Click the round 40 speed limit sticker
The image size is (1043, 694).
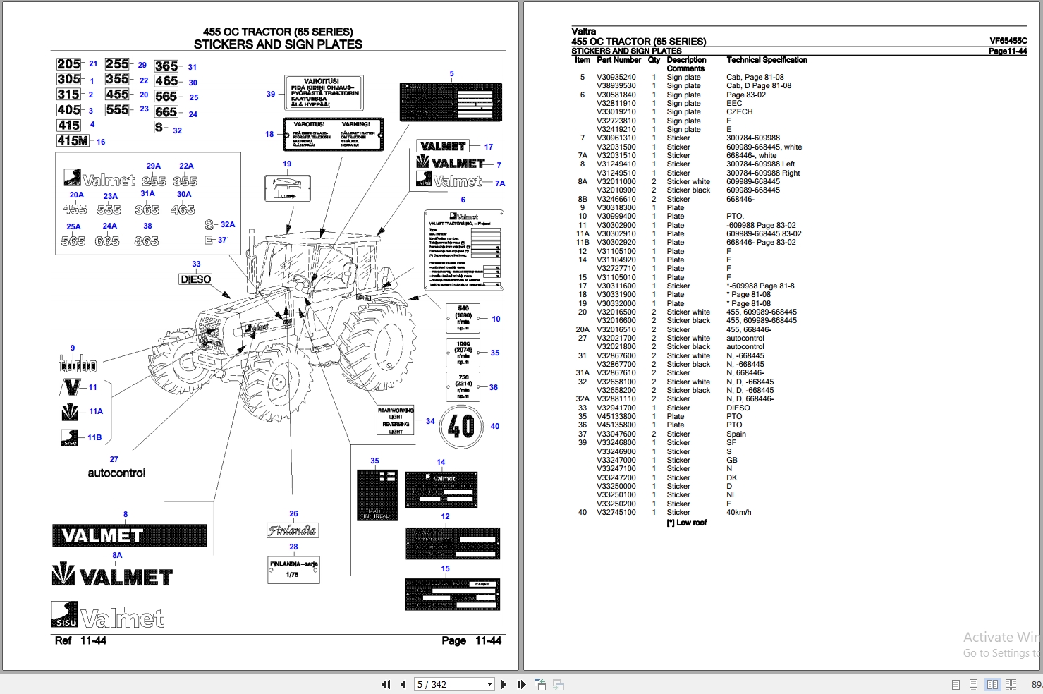tap(461, 426)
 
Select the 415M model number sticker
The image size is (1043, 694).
tap(73, 141)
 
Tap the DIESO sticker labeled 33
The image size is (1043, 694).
tap(195, 279)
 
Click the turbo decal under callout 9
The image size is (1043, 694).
tap(77, 364)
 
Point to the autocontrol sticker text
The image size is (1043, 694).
tap(116, 473)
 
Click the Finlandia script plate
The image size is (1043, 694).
tap(293, 530)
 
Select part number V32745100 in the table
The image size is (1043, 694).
tap(616, 513)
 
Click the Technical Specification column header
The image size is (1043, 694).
tap(767, 60)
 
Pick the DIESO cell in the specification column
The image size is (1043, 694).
tap(738, 408)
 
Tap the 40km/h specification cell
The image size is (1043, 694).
tap(738, 513)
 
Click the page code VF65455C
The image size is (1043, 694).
tap(1008, 41)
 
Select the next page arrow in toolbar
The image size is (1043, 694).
tap(504, 684)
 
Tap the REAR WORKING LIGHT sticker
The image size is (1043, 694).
tap(396, 421)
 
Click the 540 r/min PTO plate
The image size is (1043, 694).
tap(463, 319)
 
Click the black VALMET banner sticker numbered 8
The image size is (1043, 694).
tap(129, 536)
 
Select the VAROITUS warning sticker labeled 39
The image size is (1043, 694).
tap(324, 93)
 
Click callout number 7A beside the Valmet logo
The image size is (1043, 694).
tap(500, 183)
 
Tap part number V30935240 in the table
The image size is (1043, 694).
tap(616, 78)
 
